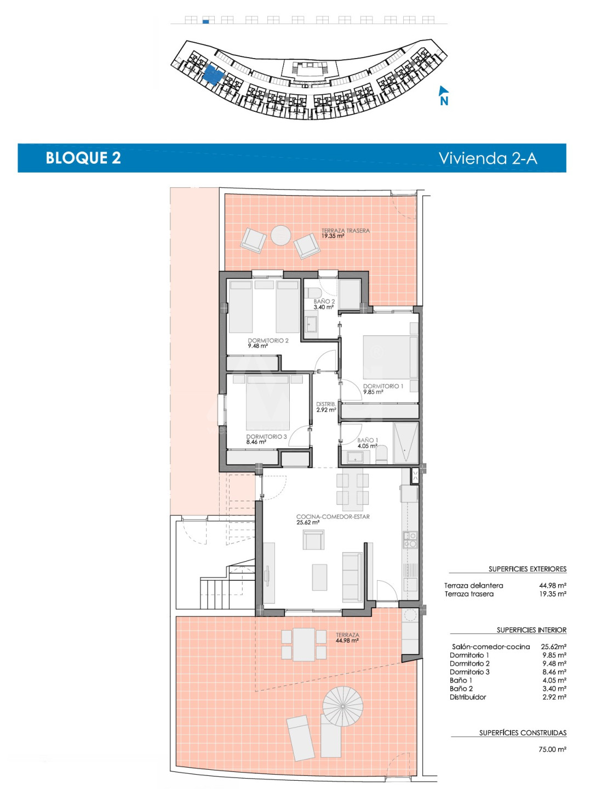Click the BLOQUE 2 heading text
point(83,158)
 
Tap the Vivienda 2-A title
point(488,158)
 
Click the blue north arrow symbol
point(444,96)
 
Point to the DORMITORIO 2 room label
point(268,340)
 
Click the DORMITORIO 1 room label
point(383,386)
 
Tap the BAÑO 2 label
point(324,301)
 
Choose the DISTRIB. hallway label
point(326,404)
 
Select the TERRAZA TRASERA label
point(345,231)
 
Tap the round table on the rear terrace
point(280,236)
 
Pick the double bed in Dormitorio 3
point(268,403)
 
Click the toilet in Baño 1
point(382,455)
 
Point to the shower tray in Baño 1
point(406,443)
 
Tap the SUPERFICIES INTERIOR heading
point(531,630)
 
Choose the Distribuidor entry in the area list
point(468,697)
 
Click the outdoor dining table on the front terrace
point(304,645)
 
